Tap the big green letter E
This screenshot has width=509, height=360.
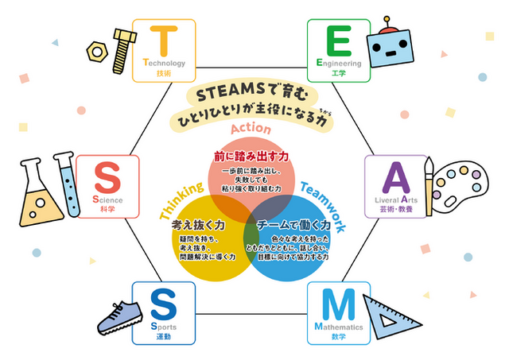coord(339,41)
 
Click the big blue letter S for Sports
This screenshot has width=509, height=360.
coord(163,305)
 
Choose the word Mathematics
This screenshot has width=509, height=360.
coord(339,327)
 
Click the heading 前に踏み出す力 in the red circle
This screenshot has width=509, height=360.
coord(251,158)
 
